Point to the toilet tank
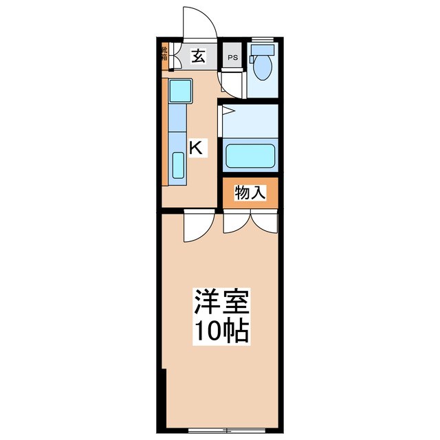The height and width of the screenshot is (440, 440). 262,50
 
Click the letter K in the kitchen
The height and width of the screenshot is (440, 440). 196,146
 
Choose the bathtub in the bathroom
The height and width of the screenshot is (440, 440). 250,155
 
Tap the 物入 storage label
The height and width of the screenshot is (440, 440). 250,193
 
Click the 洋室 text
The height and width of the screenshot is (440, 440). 221,302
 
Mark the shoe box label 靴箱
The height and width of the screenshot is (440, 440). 164,53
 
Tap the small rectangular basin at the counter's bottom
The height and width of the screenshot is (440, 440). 177,166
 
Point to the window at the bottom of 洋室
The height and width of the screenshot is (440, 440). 220,431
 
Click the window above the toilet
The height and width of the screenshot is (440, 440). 263,37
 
